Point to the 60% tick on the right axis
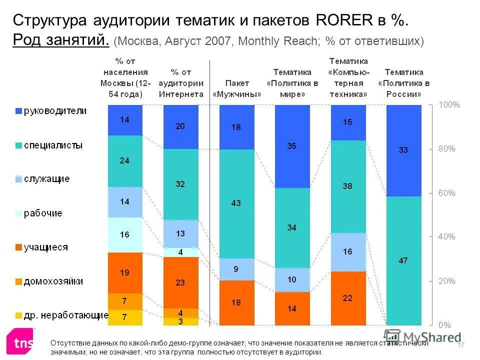click(446, 193)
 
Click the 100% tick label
click(448, 105)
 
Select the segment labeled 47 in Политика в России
click(403, 260)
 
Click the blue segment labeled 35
click(292, 146)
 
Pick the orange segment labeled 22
click(348, 298)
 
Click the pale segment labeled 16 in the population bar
click(125, 234)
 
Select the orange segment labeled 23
click(180, 282)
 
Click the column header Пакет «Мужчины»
click(237, 88)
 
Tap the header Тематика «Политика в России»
click(403, 83)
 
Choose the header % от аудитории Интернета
click(180, 83)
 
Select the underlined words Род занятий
click(60, 40)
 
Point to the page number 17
click(461, 345)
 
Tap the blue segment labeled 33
click(403, 150)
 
